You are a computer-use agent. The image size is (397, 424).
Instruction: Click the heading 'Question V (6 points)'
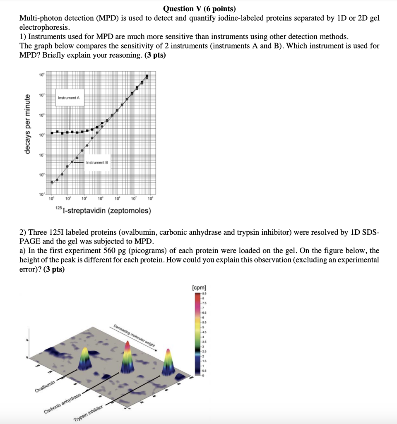point(199,9)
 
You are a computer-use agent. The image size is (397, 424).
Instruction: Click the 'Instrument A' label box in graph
point(71,98)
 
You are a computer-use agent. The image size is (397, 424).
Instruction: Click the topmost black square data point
point(147,76)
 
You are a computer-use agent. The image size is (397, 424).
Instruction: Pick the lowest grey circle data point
point(52,182)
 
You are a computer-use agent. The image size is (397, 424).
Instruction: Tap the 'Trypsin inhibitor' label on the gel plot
point(88,414)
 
